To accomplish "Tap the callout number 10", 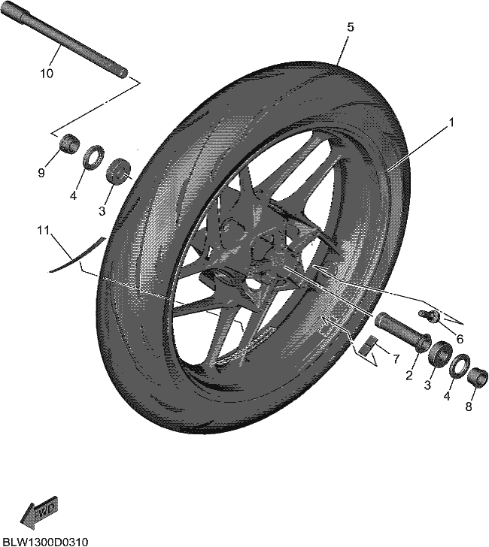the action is click(47, 74).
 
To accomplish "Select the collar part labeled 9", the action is click(69, 143).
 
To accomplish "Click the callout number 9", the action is click(41, 172).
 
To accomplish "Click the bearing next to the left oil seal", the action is click(119, 171).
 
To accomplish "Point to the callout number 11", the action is click(44, 230).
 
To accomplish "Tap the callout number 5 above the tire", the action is click(351, 27).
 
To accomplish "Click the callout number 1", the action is click(451, 122).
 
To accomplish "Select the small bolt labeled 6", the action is click(427, 314).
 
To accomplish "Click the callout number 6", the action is click(460, 339).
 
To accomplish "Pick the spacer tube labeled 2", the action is click(402, 331).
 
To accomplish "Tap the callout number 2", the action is click(409, 376).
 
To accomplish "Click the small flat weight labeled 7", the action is click(369, 345).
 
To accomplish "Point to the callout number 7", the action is click(396, 358).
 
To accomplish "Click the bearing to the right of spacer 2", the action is click(440, 354).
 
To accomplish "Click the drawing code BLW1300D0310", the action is click(44, 542).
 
